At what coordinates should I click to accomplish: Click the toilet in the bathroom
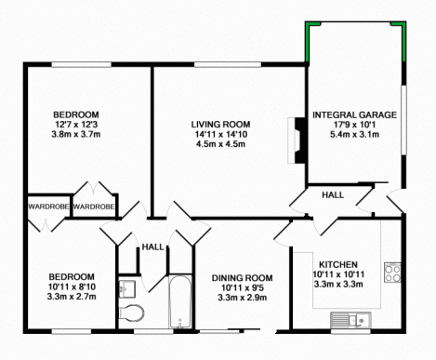coord(132,313)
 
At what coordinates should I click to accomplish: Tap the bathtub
coord(179,301)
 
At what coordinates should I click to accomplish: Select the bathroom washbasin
coord(127,289)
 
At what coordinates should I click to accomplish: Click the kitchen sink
coord(350,319)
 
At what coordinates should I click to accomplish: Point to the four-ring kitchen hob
coord(392,273)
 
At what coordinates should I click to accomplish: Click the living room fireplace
coord(297,140)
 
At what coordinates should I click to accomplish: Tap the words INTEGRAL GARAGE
coord(354,115)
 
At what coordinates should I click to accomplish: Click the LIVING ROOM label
coord(220,125)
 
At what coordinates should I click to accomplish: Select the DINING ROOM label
coord(242,278)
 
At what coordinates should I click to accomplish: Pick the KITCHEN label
coord(338,264)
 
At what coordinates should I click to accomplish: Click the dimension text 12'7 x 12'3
coord(76,125)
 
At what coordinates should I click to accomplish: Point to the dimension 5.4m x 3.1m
coord(354,135)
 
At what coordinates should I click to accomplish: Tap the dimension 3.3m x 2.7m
coord(72,297)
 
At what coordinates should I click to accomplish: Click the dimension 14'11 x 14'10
coord(220,134)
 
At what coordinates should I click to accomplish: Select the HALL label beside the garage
coord(333,195)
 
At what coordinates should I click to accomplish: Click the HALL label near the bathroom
coord(152,247)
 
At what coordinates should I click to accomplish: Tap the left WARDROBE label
coord(48,207)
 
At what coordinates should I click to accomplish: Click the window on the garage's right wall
coord(403,120)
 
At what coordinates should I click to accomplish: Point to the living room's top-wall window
coord(228,64)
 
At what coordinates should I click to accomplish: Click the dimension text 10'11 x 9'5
coord(243,287)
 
